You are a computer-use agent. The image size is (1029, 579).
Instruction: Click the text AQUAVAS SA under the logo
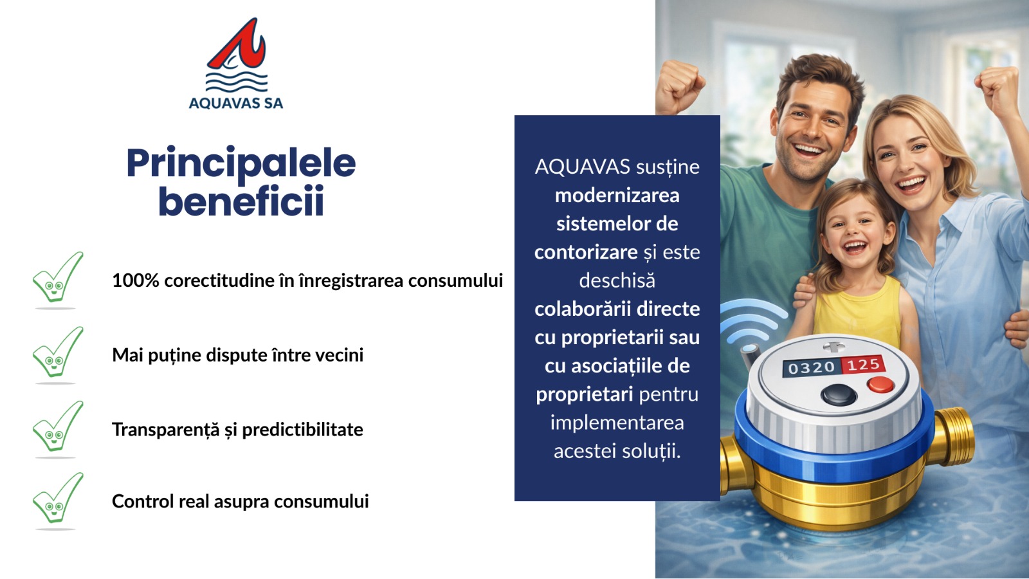tap(236, 103)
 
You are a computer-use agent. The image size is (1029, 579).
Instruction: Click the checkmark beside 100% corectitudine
tap(57, 279)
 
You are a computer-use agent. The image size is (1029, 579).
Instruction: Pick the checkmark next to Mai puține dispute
tap(57, 353)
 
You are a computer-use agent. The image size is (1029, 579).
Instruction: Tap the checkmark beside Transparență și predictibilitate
tap(57, 427)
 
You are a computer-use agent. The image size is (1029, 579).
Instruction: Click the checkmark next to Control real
tap(57, 499)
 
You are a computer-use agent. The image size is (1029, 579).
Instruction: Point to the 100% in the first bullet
tap(136, 280)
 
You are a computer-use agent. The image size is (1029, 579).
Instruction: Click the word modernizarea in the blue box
tap(617, 196)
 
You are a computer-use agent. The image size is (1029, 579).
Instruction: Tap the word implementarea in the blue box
tap(617, 423)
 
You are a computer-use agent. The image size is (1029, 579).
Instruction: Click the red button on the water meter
tap(880, 385)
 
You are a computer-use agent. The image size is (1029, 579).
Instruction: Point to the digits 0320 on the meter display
tap(811, 367)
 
